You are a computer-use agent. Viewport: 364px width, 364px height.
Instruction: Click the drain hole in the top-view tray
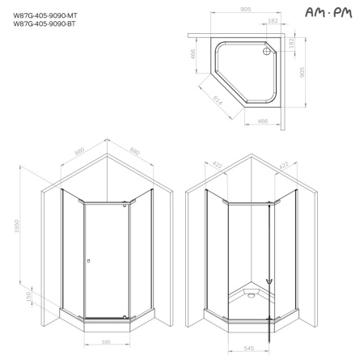pyautogui.click(x=268, y=56)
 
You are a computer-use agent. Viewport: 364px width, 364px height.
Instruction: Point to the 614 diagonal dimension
pyautogui.click(x=216, y=101)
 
